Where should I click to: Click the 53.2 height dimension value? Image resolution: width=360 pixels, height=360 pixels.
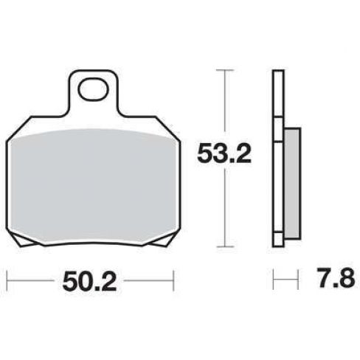pos(224,154)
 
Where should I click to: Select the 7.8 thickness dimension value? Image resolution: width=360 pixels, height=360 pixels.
pos(336,278)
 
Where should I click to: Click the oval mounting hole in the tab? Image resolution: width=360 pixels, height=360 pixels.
pos(93,89)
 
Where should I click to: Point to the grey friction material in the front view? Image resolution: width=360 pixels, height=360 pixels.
pos(93,186)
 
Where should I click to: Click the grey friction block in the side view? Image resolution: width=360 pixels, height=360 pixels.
pos(292,183)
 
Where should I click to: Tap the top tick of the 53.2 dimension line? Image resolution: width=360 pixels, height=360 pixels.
pos(224,70)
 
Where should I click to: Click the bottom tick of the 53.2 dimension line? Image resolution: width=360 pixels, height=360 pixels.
pos(224,246)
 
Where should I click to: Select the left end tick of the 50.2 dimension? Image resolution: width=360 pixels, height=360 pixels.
pos(7,280)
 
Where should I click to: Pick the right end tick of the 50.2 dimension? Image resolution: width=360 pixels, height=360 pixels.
pos(173,280)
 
